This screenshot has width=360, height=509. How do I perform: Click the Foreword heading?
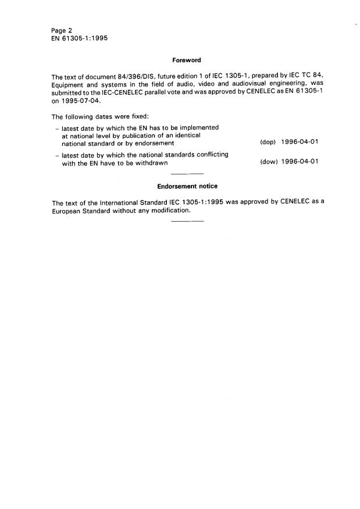[186, 59]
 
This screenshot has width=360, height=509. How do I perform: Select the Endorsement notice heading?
[187, 186]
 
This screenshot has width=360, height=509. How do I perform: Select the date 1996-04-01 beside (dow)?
[299, 162]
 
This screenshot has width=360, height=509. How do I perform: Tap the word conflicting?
[208, 155]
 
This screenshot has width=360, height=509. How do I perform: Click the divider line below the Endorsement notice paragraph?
[188, 222]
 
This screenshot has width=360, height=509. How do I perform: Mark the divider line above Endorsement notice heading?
[188, 174]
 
